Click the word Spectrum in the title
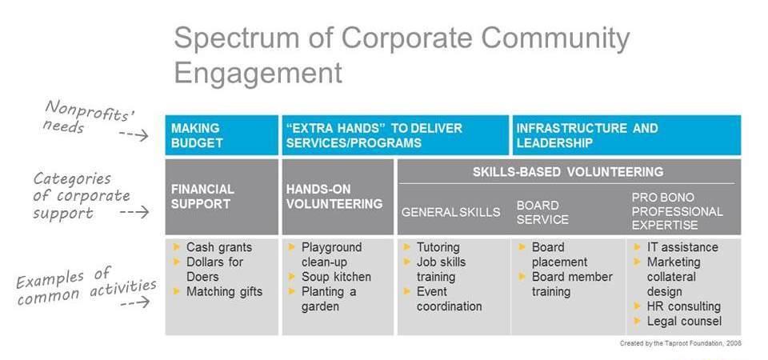pyautogui.click(x=252, y=38)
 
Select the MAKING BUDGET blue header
pyautogui.click(x=222, y=135)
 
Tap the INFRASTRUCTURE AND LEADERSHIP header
pyautogui.click(x=626, y=135)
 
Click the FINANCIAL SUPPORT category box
pyautogui.click(x=222, y=197)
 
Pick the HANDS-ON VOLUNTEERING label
pyautogui.click(x=334, y=197)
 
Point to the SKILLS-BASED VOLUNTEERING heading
pyautogui.click(x=568, y=172)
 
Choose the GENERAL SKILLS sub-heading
pyautogui.click(x=450, y=212)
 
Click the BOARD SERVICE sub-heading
pyautogui.click(x=542, y=213)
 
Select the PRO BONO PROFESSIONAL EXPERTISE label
pyautogui.click(x=677, y=211)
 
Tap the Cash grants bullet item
pyautogui.click(x=219, y=247)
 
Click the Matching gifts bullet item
pyautogui.click(x=224, y=292)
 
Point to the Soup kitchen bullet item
pyautogui.click(x=336, y=277)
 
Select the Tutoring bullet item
pyautogui.click(x=438, y=247)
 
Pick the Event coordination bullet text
pyautogui.click(x=449, y=298)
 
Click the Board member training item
pyautogui.click(x=572, y=284)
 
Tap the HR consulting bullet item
pyautogui.click(x=684, y=306)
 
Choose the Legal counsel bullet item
pyautogui.click(x=684, y=322)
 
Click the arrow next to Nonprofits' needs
pyautogui.click(x=134, y=134)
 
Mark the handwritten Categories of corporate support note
pyautogui.click(x=82, y=196)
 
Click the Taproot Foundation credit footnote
pyautogui.click(x=680, y=343)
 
